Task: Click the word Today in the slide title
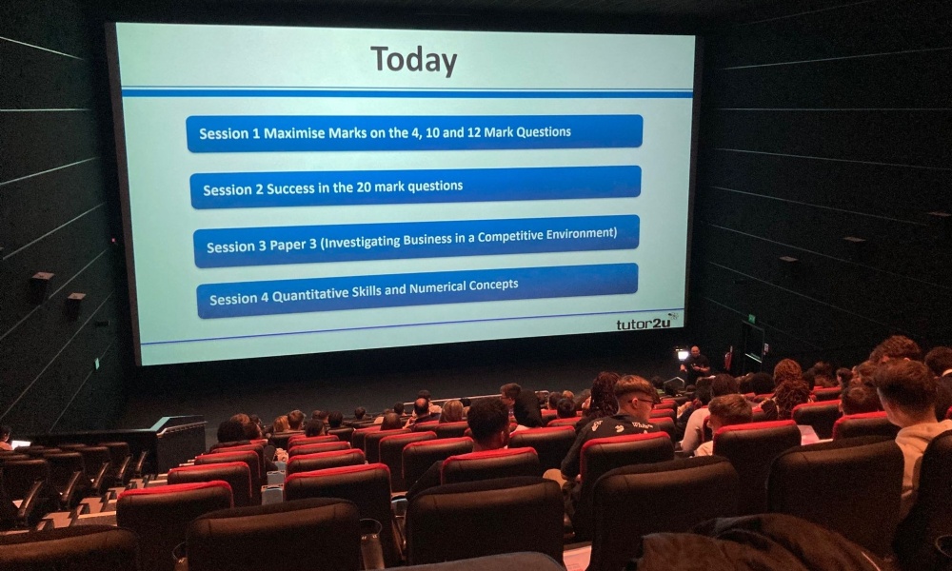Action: coord(413,61)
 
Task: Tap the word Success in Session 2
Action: coord(290,188)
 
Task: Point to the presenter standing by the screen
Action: coord(695,364)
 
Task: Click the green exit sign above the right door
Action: coord(752,318)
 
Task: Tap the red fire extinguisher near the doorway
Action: coord(728,359)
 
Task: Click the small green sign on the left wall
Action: coord(96,364)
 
